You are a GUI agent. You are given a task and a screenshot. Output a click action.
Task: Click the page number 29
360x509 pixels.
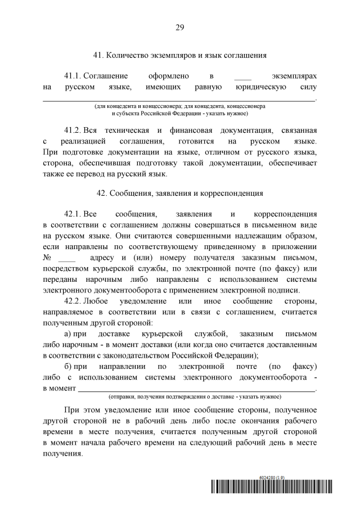coord(180,27)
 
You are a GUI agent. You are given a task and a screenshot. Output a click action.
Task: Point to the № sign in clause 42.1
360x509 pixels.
coord(48,258)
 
